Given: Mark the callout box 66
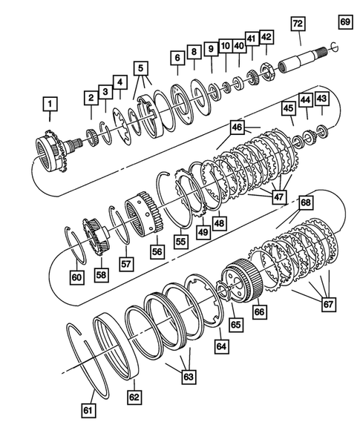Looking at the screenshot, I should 259,312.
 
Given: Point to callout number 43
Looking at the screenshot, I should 321,98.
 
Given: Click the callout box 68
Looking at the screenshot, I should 304,202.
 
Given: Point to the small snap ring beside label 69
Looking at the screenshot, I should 335,48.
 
